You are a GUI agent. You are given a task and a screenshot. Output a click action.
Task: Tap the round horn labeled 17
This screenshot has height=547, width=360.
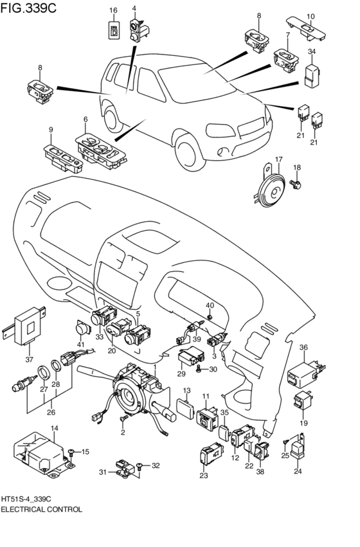268,188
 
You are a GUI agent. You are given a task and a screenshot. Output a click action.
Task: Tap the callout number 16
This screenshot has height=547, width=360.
113,10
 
